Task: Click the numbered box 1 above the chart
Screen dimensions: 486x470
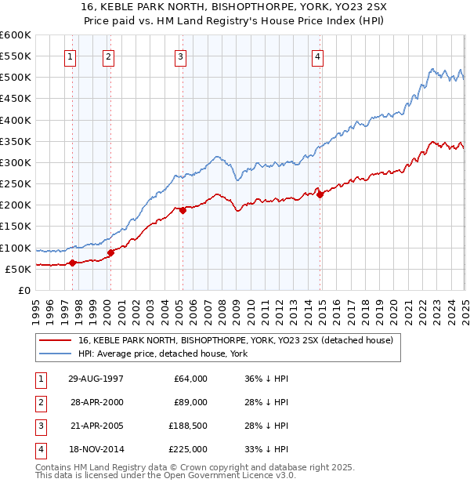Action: tap(70, 56)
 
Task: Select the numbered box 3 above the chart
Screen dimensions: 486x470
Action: tap(180, 56)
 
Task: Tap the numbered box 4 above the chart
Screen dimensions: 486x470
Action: tap(317, 56)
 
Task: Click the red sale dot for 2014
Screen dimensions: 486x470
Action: tap(320, 194)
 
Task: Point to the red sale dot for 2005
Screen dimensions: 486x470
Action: tap(183, 210)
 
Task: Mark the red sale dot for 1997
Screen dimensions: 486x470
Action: tap(73, 263)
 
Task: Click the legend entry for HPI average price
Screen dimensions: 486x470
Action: tap(163, 354)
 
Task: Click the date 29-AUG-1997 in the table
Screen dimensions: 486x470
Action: tap(97, 379)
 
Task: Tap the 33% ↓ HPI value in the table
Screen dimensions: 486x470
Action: tap(266, 449)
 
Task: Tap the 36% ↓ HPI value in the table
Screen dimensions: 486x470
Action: tap(266, 379)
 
